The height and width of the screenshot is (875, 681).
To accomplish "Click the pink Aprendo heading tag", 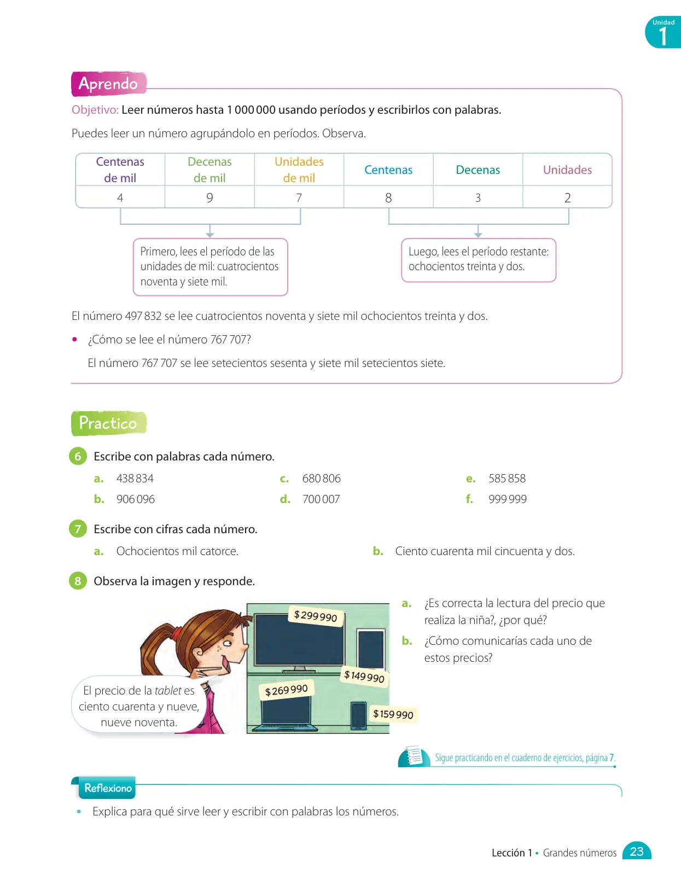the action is [109, 84].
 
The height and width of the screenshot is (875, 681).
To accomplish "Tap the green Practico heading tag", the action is [109, 423].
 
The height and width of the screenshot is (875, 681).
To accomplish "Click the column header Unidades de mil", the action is [299, 170].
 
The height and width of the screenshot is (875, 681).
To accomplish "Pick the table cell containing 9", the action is [209, 197].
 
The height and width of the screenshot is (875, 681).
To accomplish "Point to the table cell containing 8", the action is [388, 197].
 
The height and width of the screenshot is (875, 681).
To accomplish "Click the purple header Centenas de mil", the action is [120, 170].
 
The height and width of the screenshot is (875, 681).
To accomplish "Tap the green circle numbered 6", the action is [78, 456].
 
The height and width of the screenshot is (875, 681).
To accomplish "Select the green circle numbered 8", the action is [78, 581].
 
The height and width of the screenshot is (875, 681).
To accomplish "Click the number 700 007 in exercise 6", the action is [321, 499].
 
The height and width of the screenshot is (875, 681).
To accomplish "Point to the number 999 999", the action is [508, 499].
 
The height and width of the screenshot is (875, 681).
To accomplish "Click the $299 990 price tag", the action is [316, 616].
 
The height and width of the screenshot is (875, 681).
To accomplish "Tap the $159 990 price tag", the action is [393, 714].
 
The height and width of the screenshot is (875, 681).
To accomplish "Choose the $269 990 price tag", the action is [286, 690].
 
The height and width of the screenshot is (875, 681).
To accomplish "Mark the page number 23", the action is [636, 851].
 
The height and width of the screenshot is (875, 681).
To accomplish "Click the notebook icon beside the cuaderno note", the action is [413, 756].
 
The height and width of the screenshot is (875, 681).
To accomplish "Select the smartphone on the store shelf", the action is [358, 715].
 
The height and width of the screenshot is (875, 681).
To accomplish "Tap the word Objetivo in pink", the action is [95, 109].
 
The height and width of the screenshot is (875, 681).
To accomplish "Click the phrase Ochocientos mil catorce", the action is [177, 551].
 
